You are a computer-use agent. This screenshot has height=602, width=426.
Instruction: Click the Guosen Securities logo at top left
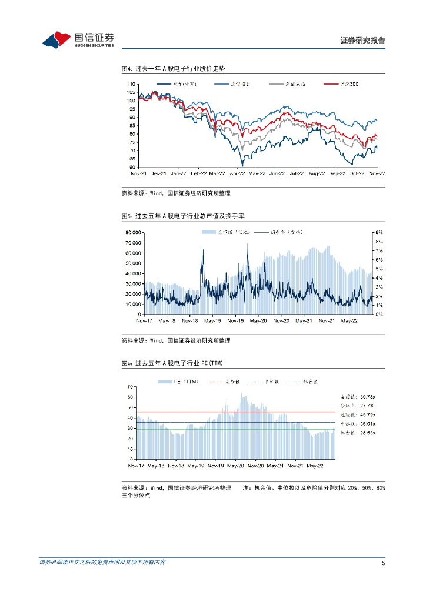[x=78, y=39]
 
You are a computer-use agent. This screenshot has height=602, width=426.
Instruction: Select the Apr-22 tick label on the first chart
[x=237, y=174]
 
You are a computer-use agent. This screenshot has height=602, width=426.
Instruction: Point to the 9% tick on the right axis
[x=380, y=233]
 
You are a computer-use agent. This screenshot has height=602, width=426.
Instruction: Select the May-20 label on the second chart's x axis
[x=258, y=321]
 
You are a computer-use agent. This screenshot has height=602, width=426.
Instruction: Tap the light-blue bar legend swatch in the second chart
[x=208, y=233]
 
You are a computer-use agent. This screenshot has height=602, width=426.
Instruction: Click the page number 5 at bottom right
[x=383, y=563]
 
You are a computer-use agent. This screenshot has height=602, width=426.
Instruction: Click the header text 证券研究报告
[x=362, y=41]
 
